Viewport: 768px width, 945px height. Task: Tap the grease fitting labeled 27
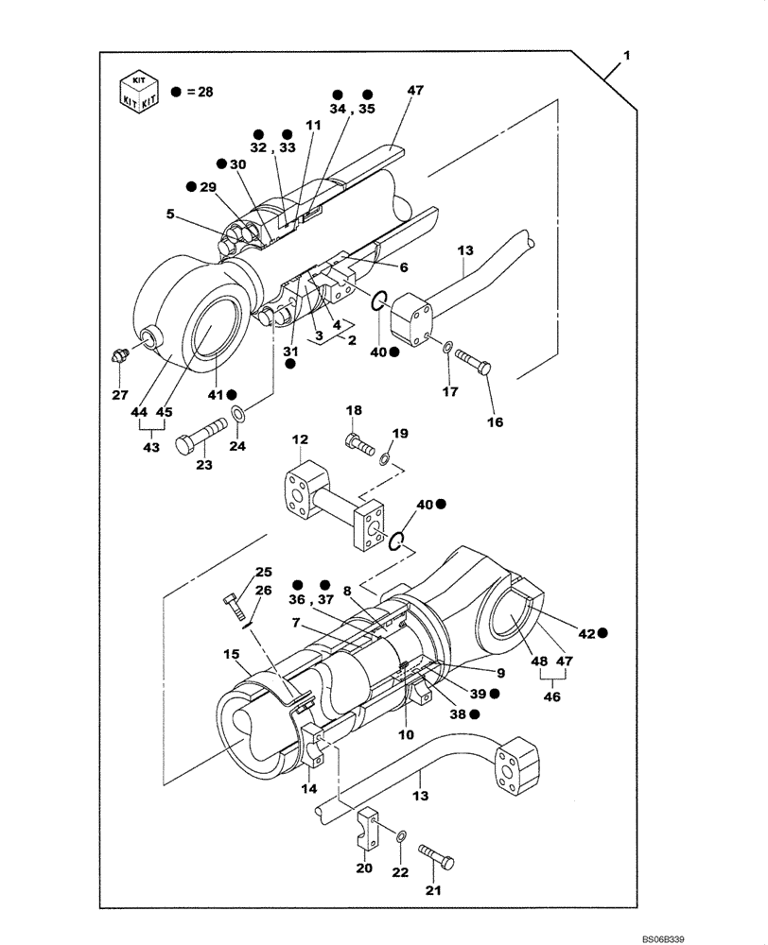coord(117,356)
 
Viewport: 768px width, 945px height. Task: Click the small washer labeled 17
coord(446,348)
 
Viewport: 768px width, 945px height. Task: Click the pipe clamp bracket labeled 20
coord(369,828)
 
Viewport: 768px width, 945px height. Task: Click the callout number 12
coord(299,439)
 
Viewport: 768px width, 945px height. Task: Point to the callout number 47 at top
coord(415,90)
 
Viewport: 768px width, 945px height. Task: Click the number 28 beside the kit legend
coord(206,92)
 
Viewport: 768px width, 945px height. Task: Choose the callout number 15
coord(231,654)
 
